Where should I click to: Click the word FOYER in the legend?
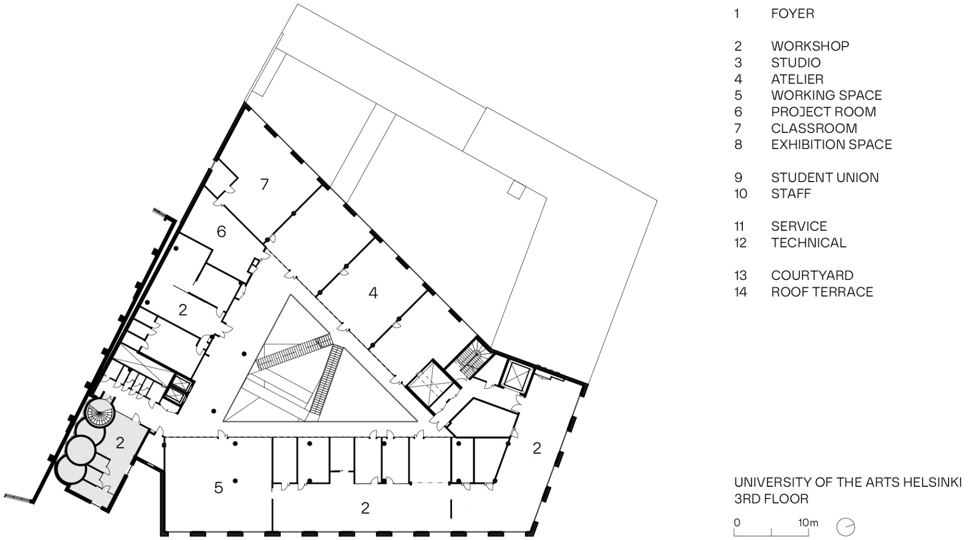click(x=792, y=14)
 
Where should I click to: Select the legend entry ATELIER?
click(x=797, y=79)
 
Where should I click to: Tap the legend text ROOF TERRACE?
click(x=821, y=292)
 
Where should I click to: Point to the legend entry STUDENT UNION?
click(x=825, y=177)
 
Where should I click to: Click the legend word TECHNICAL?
click(x=808, y=243)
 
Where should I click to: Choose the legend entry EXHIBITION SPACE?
click(x=831, y=145)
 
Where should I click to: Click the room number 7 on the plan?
click(x=264, y=184)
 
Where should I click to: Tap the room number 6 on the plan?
click(x=221, y=232)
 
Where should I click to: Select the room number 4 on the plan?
click(x=373, y=293)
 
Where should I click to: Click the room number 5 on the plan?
click(x=218, y=488)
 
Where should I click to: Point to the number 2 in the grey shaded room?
click(x=120, y=443)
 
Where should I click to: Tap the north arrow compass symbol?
click(x=846, y=527)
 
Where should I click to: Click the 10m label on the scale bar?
click(x=808, y=522)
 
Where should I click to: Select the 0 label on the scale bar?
click(x=737, y=522)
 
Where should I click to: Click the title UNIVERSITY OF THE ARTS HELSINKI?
click(x=847, y=482)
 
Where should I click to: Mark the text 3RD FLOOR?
click(x=771, y=499)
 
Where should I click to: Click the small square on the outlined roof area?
click(x=515, y=190)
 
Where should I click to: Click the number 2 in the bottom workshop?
click(x=365, y=508)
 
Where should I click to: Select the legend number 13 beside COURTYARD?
click(x=740, y=275)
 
